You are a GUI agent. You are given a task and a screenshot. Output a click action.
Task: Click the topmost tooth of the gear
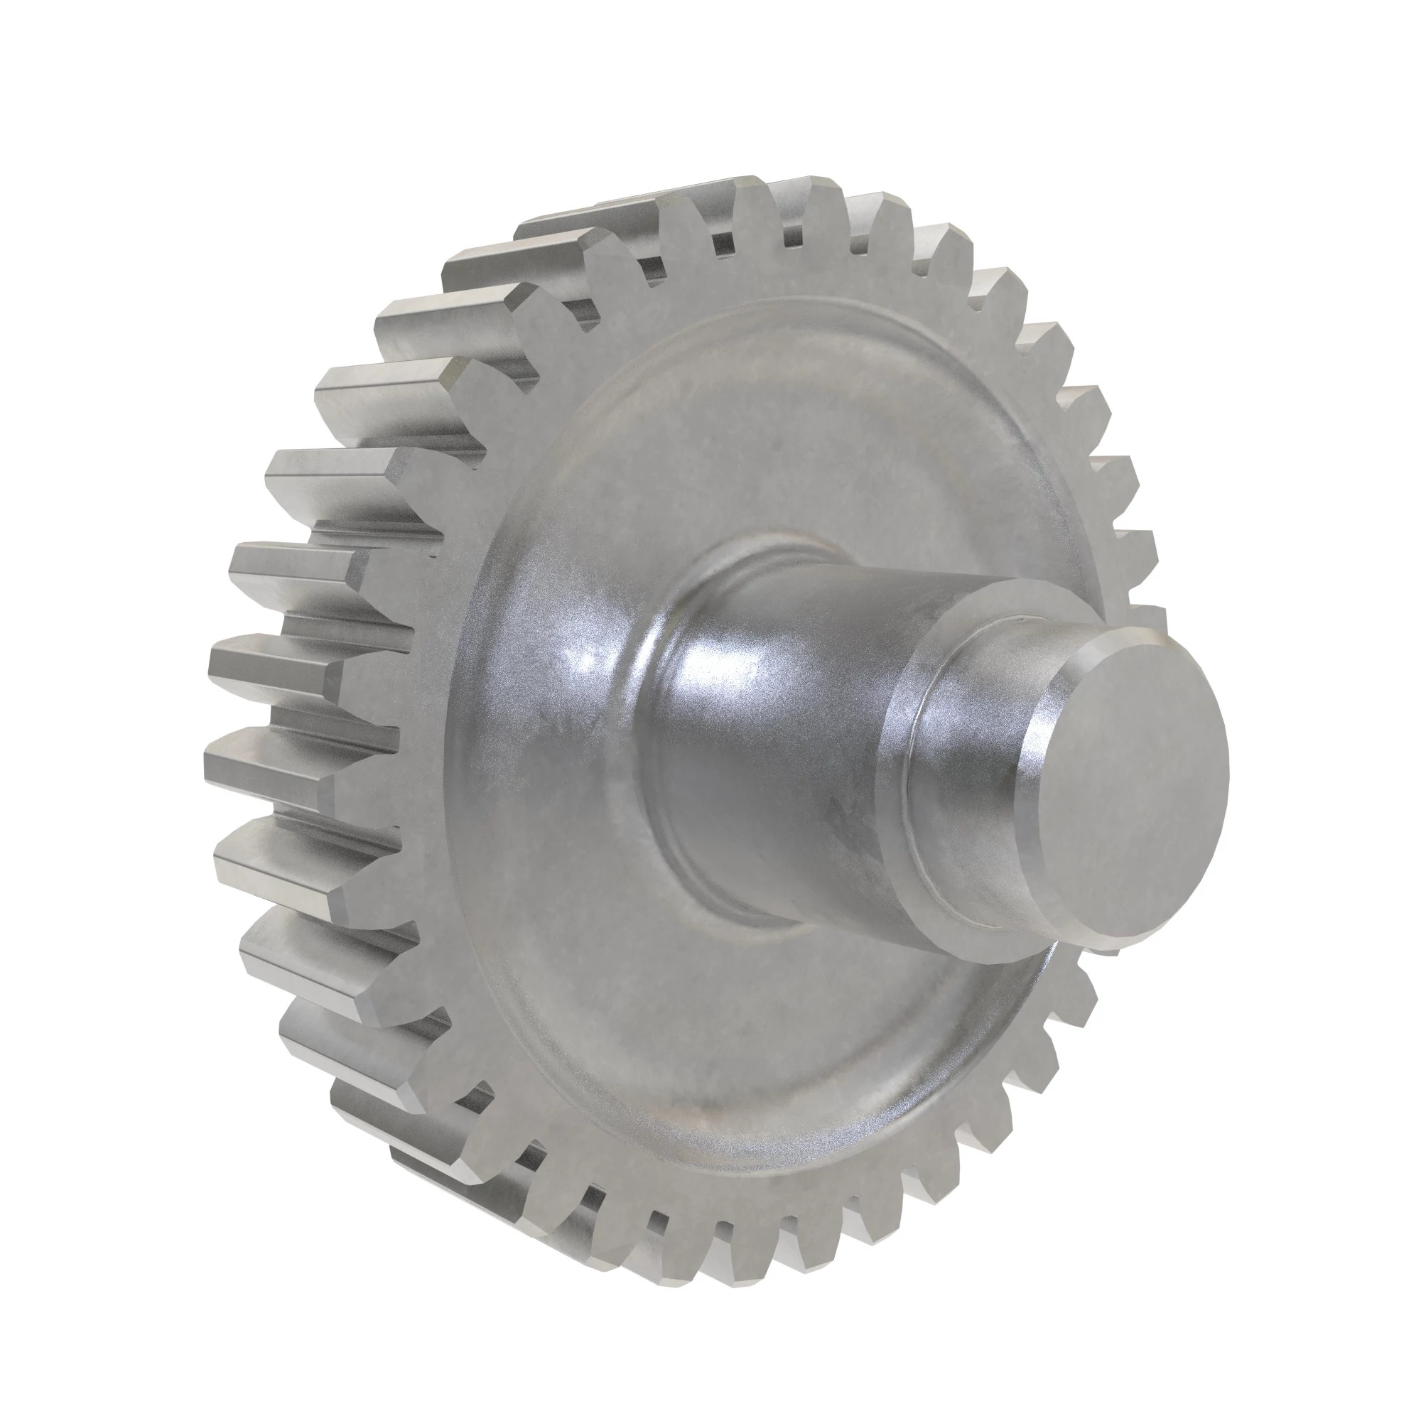[750, 202]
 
